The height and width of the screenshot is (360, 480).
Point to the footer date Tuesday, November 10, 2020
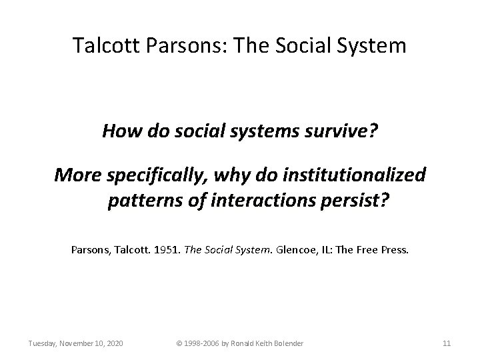point(75,343)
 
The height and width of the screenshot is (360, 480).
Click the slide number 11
point(447,343)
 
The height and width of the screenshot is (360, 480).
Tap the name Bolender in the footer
point(287,343)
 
